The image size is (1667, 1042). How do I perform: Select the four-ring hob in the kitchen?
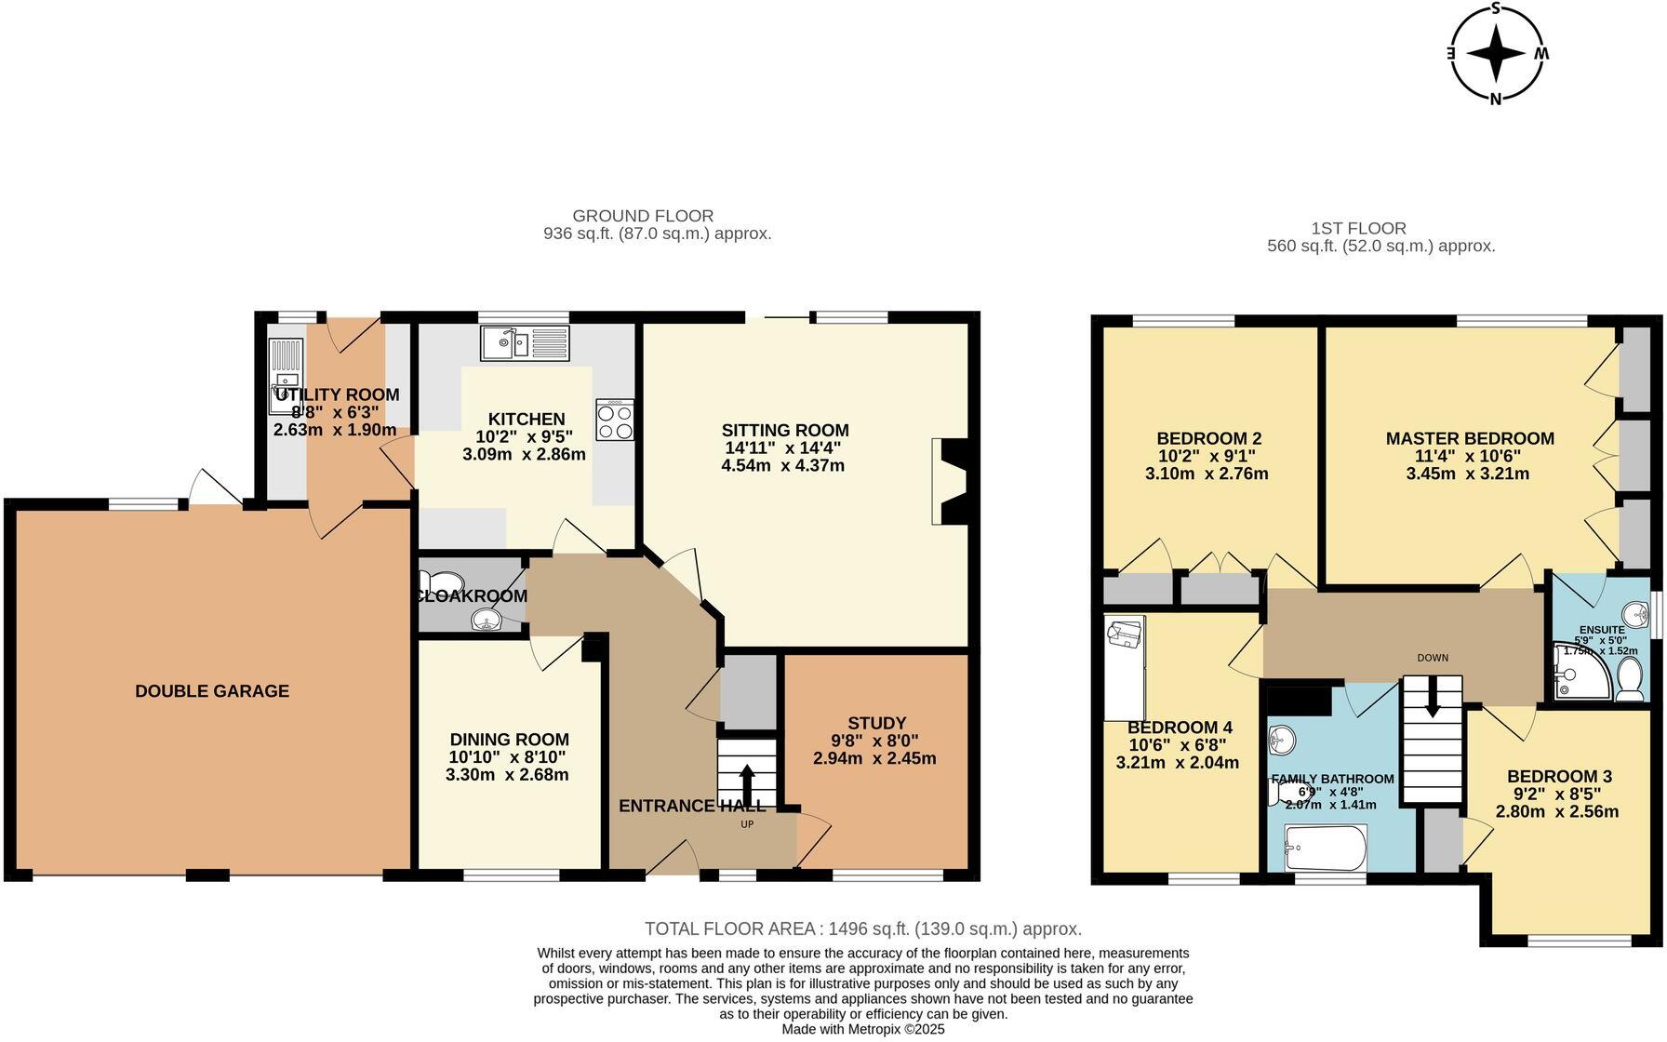tap(615, 420)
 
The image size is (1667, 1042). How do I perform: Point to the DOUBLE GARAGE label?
tap(212, 691)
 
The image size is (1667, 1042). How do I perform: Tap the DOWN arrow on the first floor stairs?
tap(1432, 696)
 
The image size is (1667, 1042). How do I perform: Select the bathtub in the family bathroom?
tap(1325, 848)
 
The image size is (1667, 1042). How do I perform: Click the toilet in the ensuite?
tap(1629, 681)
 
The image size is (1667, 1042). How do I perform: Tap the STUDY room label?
tap(876, 723)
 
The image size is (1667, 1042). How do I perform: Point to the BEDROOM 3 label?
tap(1559, 776)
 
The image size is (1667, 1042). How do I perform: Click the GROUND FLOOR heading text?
tap(643, 216)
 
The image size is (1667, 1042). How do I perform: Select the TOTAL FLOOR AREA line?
tap(862, 928)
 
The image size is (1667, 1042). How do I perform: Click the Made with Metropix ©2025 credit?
tap(862, 1029)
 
